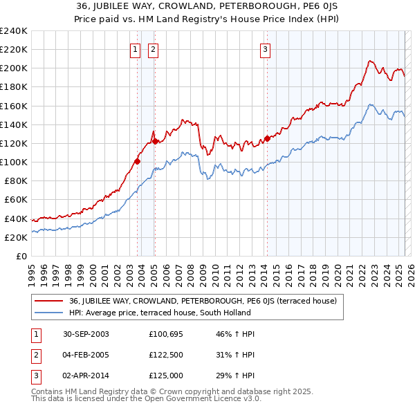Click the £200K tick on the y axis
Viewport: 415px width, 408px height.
click(13, 68)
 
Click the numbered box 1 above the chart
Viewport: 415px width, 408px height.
click(135, 49)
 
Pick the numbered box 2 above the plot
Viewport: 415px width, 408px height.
click(152, 49)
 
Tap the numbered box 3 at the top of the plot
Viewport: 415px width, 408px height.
click(266, 49)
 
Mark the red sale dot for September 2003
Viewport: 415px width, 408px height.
click(138, 161)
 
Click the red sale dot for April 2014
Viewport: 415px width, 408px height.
click(267, 138)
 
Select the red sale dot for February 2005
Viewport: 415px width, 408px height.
click(155, 141)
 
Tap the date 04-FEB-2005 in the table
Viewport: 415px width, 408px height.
click(86, 355)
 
